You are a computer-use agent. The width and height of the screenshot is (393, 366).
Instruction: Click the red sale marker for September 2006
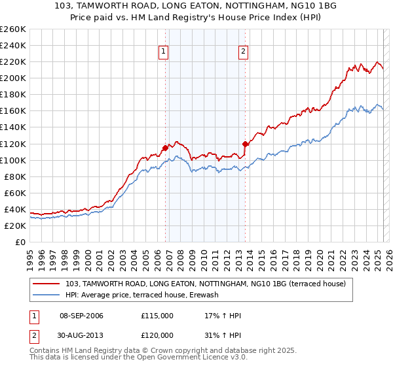click(165, 148)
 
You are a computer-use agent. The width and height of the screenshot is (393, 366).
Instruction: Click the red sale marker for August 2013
click(245, 144)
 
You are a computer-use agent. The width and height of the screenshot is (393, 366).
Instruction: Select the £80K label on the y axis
click(15, 176)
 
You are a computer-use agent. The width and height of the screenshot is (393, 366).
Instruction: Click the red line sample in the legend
click(47, 284)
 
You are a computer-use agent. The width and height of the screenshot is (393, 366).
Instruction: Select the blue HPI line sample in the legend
click(47, 295)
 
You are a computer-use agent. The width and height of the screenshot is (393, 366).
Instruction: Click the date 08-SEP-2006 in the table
click(81, 316)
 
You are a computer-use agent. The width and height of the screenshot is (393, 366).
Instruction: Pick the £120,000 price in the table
click(157, 335)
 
